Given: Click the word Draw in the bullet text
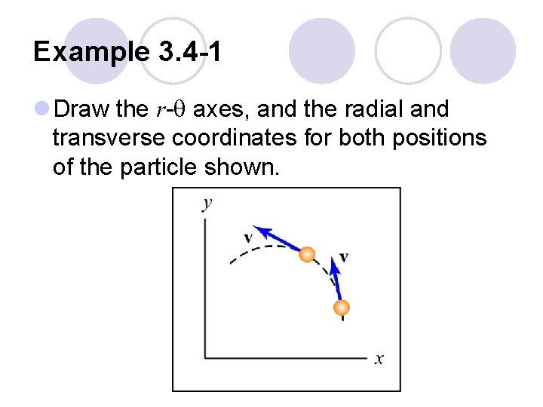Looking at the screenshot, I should tap(83, 110).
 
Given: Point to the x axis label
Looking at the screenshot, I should tap(379, 360).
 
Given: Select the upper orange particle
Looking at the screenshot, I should tap(306, 255).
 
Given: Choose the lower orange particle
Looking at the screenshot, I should tap(342, 308).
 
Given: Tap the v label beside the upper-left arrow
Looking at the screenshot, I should tap(248, 239).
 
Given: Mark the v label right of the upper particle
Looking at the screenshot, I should tap(344, 257).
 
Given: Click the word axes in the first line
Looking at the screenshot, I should tap(223, 110).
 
